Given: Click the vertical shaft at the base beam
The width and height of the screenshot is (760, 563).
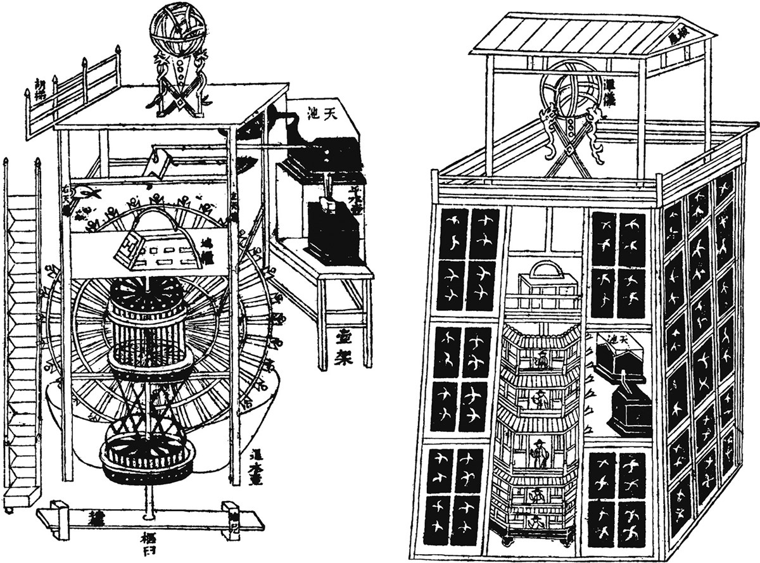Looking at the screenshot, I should [x=149, y=500].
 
